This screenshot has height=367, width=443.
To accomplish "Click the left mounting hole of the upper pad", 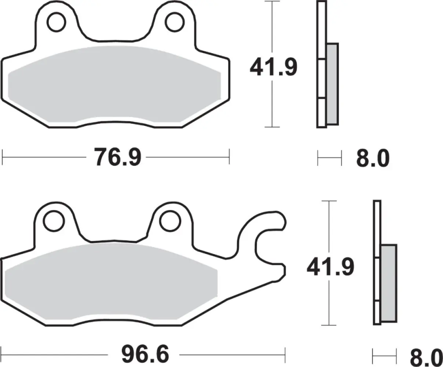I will [x=55, y=21].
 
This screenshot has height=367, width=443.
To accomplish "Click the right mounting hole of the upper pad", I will [x=173, y=21].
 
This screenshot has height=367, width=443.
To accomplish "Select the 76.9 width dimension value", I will [x=117, y=157].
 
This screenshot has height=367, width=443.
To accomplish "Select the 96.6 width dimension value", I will [x=145, y=355].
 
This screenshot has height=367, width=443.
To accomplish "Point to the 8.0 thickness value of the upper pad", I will [x=373, y=159].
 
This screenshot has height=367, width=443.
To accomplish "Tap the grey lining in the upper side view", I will [x=332, y=83].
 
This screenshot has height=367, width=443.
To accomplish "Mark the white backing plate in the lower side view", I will [x=377, y=228].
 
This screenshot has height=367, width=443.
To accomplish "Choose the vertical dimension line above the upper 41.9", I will [x=272, y=28].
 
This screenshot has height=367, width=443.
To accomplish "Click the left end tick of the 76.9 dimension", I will [x=3, y=157].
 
